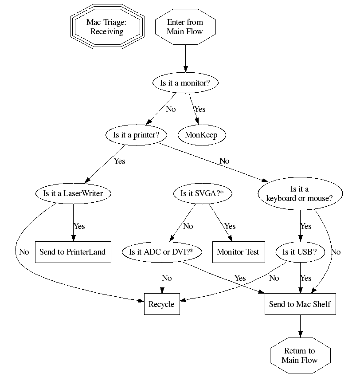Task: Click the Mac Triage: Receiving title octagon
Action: tap(107, 27)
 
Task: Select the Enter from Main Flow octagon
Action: tap(185, 27)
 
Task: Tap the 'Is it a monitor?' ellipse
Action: tap(185, 82)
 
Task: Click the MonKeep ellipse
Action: tap(201, 135)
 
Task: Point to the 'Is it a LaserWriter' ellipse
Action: tap(73, 193)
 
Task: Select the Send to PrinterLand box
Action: tap(73, 252)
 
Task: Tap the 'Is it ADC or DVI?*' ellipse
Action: tap(162, 252)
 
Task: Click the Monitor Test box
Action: tap(238, 252)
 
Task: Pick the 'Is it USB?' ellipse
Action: tap(300, 252)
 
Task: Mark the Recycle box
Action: tap(162, 304)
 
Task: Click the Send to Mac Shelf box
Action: tap(300, 304)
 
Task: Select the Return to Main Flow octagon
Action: tap(300, 355)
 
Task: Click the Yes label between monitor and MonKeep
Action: tap(200, 109)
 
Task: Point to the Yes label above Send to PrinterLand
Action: tap(79, 226)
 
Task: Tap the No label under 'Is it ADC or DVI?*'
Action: tap(167, 278)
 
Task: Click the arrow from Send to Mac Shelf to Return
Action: tap(300, 326)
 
